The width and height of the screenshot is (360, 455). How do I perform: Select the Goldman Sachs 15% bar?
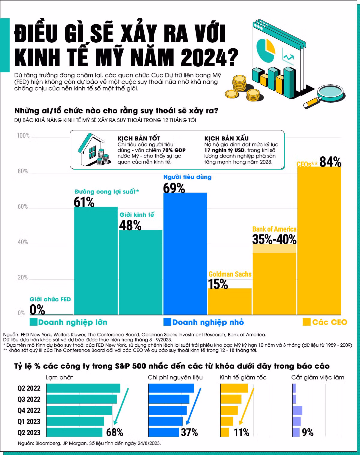pyautogui.click(x=230, y=301)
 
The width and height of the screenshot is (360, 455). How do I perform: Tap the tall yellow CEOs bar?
pyautogui.click(x=319, y=240)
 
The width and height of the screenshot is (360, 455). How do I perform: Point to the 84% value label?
pyautogui.click(x=330, y=162)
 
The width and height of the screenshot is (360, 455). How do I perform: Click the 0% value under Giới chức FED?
pyautogui.click(x=37, y=309)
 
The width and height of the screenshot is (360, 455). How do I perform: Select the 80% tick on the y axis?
pyautogui.click(x=22, y=171)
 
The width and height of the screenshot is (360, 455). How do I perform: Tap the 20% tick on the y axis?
pyautogui.click(x=22, y=277)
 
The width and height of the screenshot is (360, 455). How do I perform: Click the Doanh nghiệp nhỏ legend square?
pyautogui.click(x=167, y=322)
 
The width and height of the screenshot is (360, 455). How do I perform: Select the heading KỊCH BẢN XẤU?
pyautogui.click(x=226, y=138)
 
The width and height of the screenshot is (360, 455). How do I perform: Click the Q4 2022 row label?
pyautogui.click(x=29, y=410)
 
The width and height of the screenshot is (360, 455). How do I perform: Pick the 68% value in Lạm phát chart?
pyautogui.click(x=115, y=432)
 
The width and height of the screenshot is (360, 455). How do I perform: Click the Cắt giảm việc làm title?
pyautogui.click(x=318, y=377)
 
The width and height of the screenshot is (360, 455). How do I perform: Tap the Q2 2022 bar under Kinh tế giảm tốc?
pyautogui.click(x=234, y=388)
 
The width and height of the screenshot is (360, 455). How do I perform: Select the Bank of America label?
pyautogui.click(x=274, y=229)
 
